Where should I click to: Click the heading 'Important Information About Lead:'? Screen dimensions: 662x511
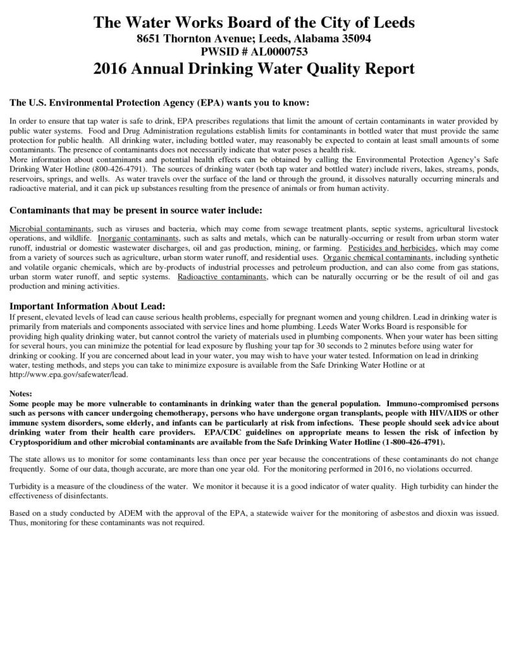click(x=87, y=306)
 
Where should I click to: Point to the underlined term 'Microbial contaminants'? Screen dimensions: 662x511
click(x=51, y=230)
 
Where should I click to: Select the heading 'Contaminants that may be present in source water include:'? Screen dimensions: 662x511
click(x=136, y=211)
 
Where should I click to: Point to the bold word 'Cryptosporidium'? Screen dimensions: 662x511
click(x=44, y=442)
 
